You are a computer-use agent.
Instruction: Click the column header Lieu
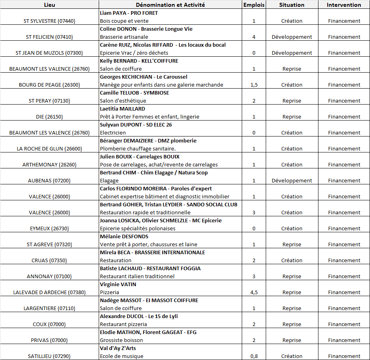coord(50,5)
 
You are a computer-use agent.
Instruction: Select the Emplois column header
coord(254,5)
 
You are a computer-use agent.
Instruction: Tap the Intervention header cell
coord(344,5)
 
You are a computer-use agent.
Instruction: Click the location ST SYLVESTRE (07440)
coord(50,21)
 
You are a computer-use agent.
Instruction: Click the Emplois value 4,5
coord(254,293)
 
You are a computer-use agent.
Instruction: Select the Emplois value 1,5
coord(254,85)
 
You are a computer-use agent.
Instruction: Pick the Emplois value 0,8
coord(254,356)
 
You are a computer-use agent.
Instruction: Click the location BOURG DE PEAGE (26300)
coord(50,85)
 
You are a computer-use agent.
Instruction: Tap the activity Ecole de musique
coord(121,356)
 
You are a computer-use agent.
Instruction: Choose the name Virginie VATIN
coord(118,285)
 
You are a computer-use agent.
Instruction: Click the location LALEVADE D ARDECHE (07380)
coord(50,293)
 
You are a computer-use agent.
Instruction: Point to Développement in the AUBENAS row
coord(292,181)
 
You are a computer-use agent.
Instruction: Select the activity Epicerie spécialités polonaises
coord(137,229)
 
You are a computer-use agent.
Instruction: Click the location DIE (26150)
coord(50,117)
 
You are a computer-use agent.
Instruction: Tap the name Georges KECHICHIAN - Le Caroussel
coord(143,77)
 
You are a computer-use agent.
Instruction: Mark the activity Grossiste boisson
coord(121,340)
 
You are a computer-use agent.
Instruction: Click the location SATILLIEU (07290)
coord(50,356)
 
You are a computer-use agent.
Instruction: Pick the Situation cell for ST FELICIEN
coord(292,37)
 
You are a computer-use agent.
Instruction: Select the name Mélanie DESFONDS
coord(124,237)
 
